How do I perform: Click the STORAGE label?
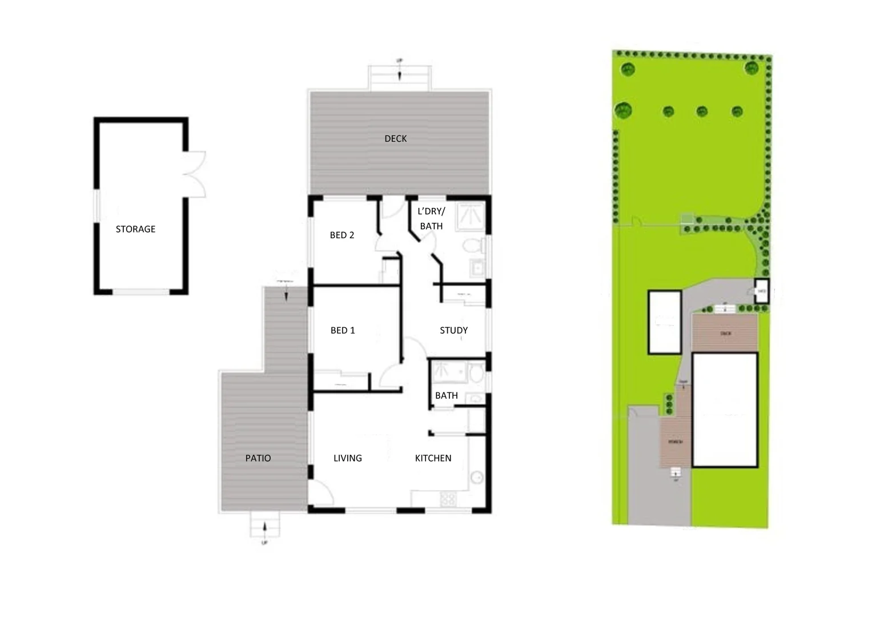[135, 229]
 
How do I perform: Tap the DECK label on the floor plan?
[396, 139]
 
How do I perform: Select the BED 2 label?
[342, 235]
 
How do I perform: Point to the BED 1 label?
[343, 330]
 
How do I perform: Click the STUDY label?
[453, 330]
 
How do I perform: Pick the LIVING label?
[348, 458]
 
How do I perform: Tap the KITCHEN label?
[433, 458]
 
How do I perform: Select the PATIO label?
[258, 458]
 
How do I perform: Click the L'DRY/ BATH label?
[431, 219]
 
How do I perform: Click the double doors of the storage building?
[194, 174]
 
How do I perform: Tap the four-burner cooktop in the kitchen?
[448, 499]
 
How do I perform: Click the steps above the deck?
[399, 77]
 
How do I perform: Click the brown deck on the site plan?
[725, 333]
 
